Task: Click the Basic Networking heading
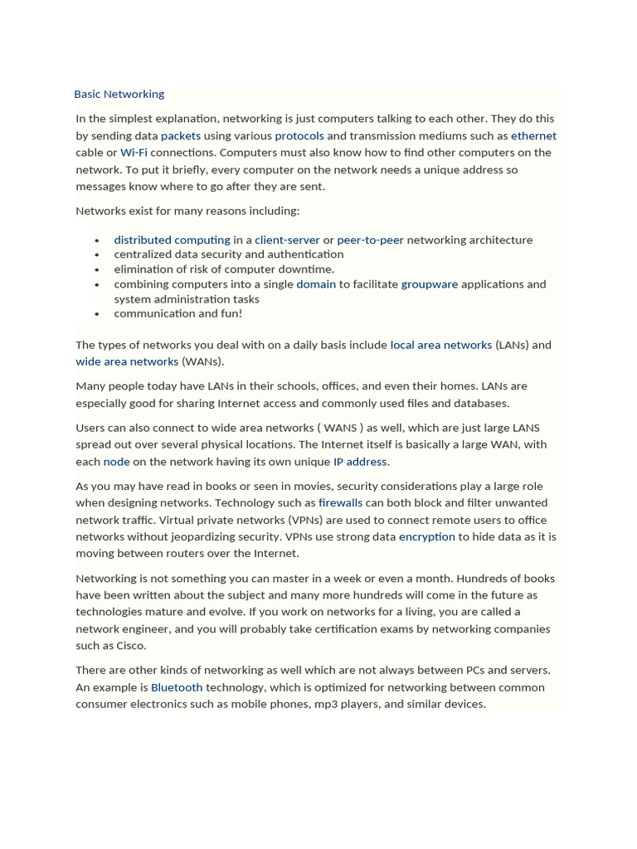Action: tap(119, 94)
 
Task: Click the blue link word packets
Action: tap(181, 136)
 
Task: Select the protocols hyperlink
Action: tap(299, 136)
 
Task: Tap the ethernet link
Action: tap(533, 136)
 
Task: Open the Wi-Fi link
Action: tap(134, 153)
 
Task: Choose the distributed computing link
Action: tap(172, 240)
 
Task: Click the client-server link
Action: tap(287, 240)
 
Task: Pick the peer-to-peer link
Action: tap(370, 240)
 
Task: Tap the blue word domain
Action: tap(316, 284)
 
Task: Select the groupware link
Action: tap(429, 284)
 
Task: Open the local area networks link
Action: tap(440, 345)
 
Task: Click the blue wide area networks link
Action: tap(127, 361)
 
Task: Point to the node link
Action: tap(116, 462)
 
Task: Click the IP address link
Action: tap(360, 462)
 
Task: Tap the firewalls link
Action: tap(340, 502)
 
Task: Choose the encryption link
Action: tap(426, 536)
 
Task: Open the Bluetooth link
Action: tap(177, 687)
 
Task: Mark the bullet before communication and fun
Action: tap(97, 314)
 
